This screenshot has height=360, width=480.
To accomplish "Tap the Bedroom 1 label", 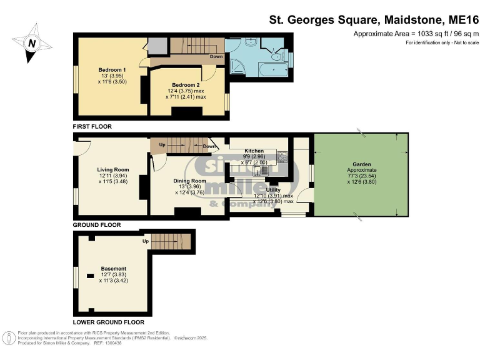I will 112,69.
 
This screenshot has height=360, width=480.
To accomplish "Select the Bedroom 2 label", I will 186,85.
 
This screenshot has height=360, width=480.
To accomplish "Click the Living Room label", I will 113,169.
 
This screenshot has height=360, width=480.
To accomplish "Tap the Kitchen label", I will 254,151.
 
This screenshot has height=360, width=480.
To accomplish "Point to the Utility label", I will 273,189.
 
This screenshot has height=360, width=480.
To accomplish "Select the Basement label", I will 114,269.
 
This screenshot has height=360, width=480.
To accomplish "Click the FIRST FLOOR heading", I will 92,127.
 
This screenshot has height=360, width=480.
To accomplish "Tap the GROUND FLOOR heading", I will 96,225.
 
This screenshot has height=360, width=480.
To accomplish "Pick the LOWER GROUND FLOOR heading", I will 108,322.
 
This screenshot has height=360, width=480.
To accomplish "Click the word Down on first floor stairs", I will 216,56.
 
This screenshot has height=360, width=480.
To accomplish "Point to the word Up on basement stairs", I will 146,241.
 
